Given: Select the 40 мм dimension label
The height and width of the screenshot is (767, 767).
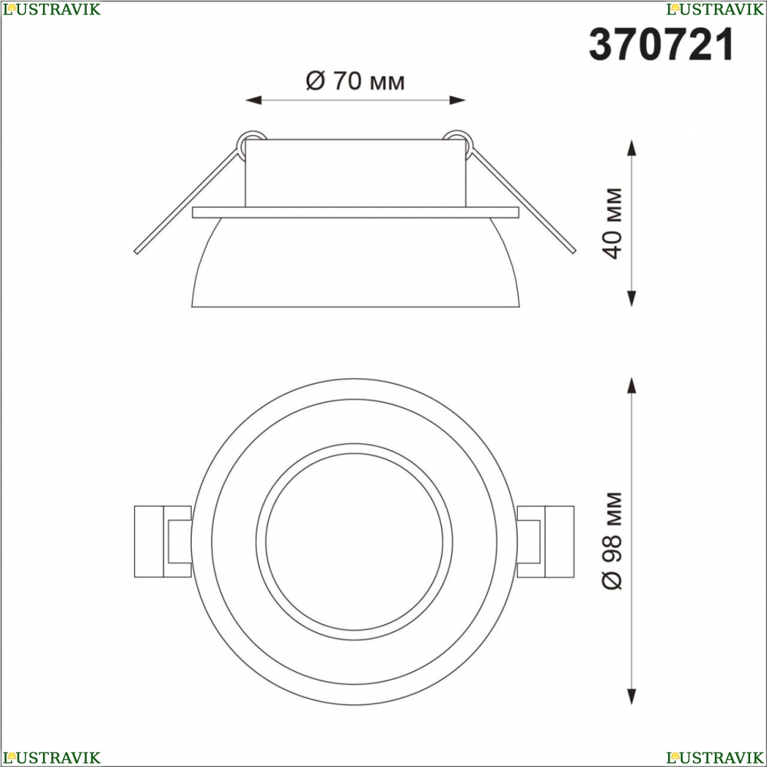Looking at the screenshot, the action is (x=612, y=223).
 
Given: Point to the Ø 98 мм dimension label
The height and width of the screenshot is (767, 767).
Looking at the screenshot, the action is (x=612, y=541).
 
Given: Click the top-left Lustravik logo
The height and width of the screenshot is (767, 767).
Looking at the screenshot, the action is (x=51, y=9).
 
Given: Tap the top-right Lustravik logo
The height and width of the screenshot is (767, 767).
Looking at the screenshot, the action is (x=715, y=9).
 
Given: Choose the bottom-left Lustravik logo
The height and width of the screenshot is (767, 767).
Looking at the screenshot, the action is (x=51, y=758).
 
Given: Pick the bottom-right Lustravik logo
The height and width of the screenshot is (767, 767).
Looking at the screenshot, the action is (x=715, y=758).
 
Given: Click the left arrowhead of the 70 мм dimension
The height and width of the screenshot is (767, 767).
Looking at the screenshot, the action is (x=253, y=100).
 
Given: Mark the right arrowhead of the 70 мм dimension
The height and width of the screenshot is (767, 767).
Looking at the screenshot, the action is (x=457, y=100).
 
